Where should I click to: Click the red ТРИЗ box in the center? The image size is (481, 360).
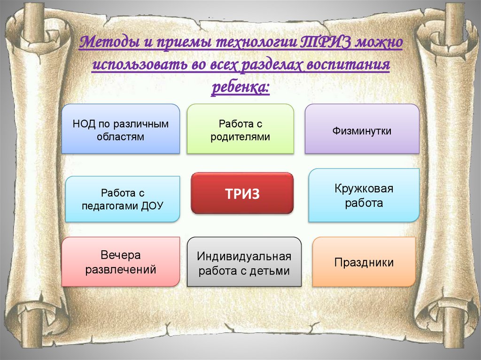pyautogui.click(x=242, y=193)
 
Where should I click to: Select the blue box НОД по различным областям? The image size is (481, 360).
pyautogui.click(x=121, y=129)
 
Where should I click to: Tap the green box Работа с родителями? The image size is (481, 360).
pyautogui.click(x=240, y=129)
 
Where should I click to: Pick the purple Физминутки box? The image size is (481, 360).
pyautogui.click(x=362, y=129)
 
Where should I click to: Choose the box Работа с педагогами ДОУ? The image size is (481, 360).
pyautogui.click(x=123, y=199)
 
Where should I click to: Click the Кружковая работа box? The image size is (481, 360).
pyautogui.click(x=364, y=195)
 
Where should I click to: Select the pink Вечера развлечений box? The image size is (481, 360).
pyautogui.click(x=121, y=262)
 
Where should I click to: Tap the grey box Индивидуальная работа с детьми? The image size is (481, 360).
pyautogui.click(x=244, y=262)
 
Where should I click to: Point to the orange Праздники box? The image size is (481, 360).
pyautogui.click(x=364, y=262)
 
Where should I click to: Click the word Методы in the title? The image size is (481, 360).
pyautogui.click(x=110, y=42)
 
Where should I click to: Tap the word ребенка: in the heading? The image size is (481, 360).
pyautogui.click(x=240, y=87)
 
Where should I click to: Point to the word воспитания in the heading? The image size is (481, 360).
pyautogui.click(x=348, y=65)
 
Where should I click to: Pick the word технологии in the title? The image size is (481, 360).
pyautogui.click(x=256, y=43)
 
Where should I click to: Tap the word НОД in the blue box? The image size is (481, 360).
pyautogui.click(x=84, y=124)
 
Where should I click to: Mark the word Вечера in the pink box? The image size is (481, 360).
pyautogui.click(x=121, y=255)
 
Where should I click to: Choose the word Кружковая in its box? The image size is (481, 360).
pyautogui.click(x=364, y=188)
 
